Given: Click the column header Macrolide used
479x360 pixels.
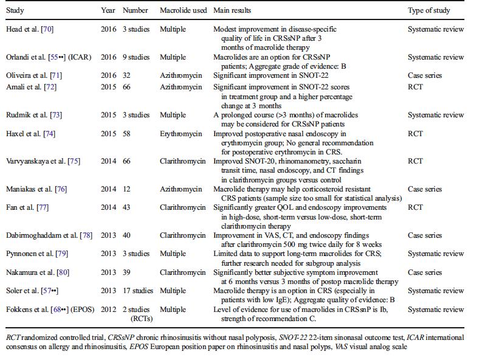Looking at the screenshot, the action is click(184, 10).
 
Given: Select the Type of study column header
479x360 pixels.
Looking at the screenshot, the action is click(429, 11).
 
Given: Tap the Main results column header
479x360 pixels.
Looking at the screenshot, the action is click(232, 10).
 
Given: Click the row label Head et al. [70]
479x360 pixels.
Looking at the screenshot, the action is click(30, 29).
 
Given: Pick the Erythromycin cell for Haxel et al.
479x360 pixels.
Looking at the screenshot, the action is click(181, 134).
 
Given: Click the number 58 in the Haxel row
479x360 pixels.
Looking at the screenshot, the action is click(126, 134).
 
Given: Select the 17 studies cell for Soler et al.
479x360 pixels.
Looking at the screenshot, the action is click(138, 291).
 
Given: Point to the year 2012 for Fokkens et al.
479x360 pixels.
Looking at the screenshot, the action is click(108, 310).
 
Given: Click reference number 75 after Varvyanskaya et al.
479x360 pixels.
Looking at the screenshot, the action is click(74, 161).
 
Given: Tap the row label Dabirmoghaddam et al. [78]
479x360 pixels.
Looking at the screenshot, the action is click(49, 235).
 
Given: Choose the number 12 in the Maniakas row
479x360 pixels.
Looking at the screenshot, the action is click(126, 190).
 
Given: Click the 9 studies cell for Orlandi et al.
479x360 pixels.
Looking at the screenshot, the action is click(136, 57).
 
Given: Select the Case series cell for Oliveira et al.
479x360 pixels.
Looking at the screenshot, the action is click(425, 75).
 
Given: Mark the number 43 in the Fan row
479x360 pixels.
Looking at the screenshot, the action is click(126, 207).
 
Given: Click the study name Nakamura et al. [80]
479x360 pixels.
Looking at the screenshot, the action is click(38, 272).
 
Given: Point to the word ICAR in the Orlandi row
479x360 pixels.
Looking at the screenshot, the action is click(80, 57).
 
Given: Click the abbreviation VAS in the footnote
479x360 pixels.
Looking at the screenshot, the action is click(341, 347).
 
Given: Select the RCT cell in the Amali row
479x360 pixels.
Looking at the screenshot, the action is click(415, 87).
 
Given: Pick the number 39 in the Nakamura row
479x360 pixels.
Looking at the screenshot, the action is click(126, 272).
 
